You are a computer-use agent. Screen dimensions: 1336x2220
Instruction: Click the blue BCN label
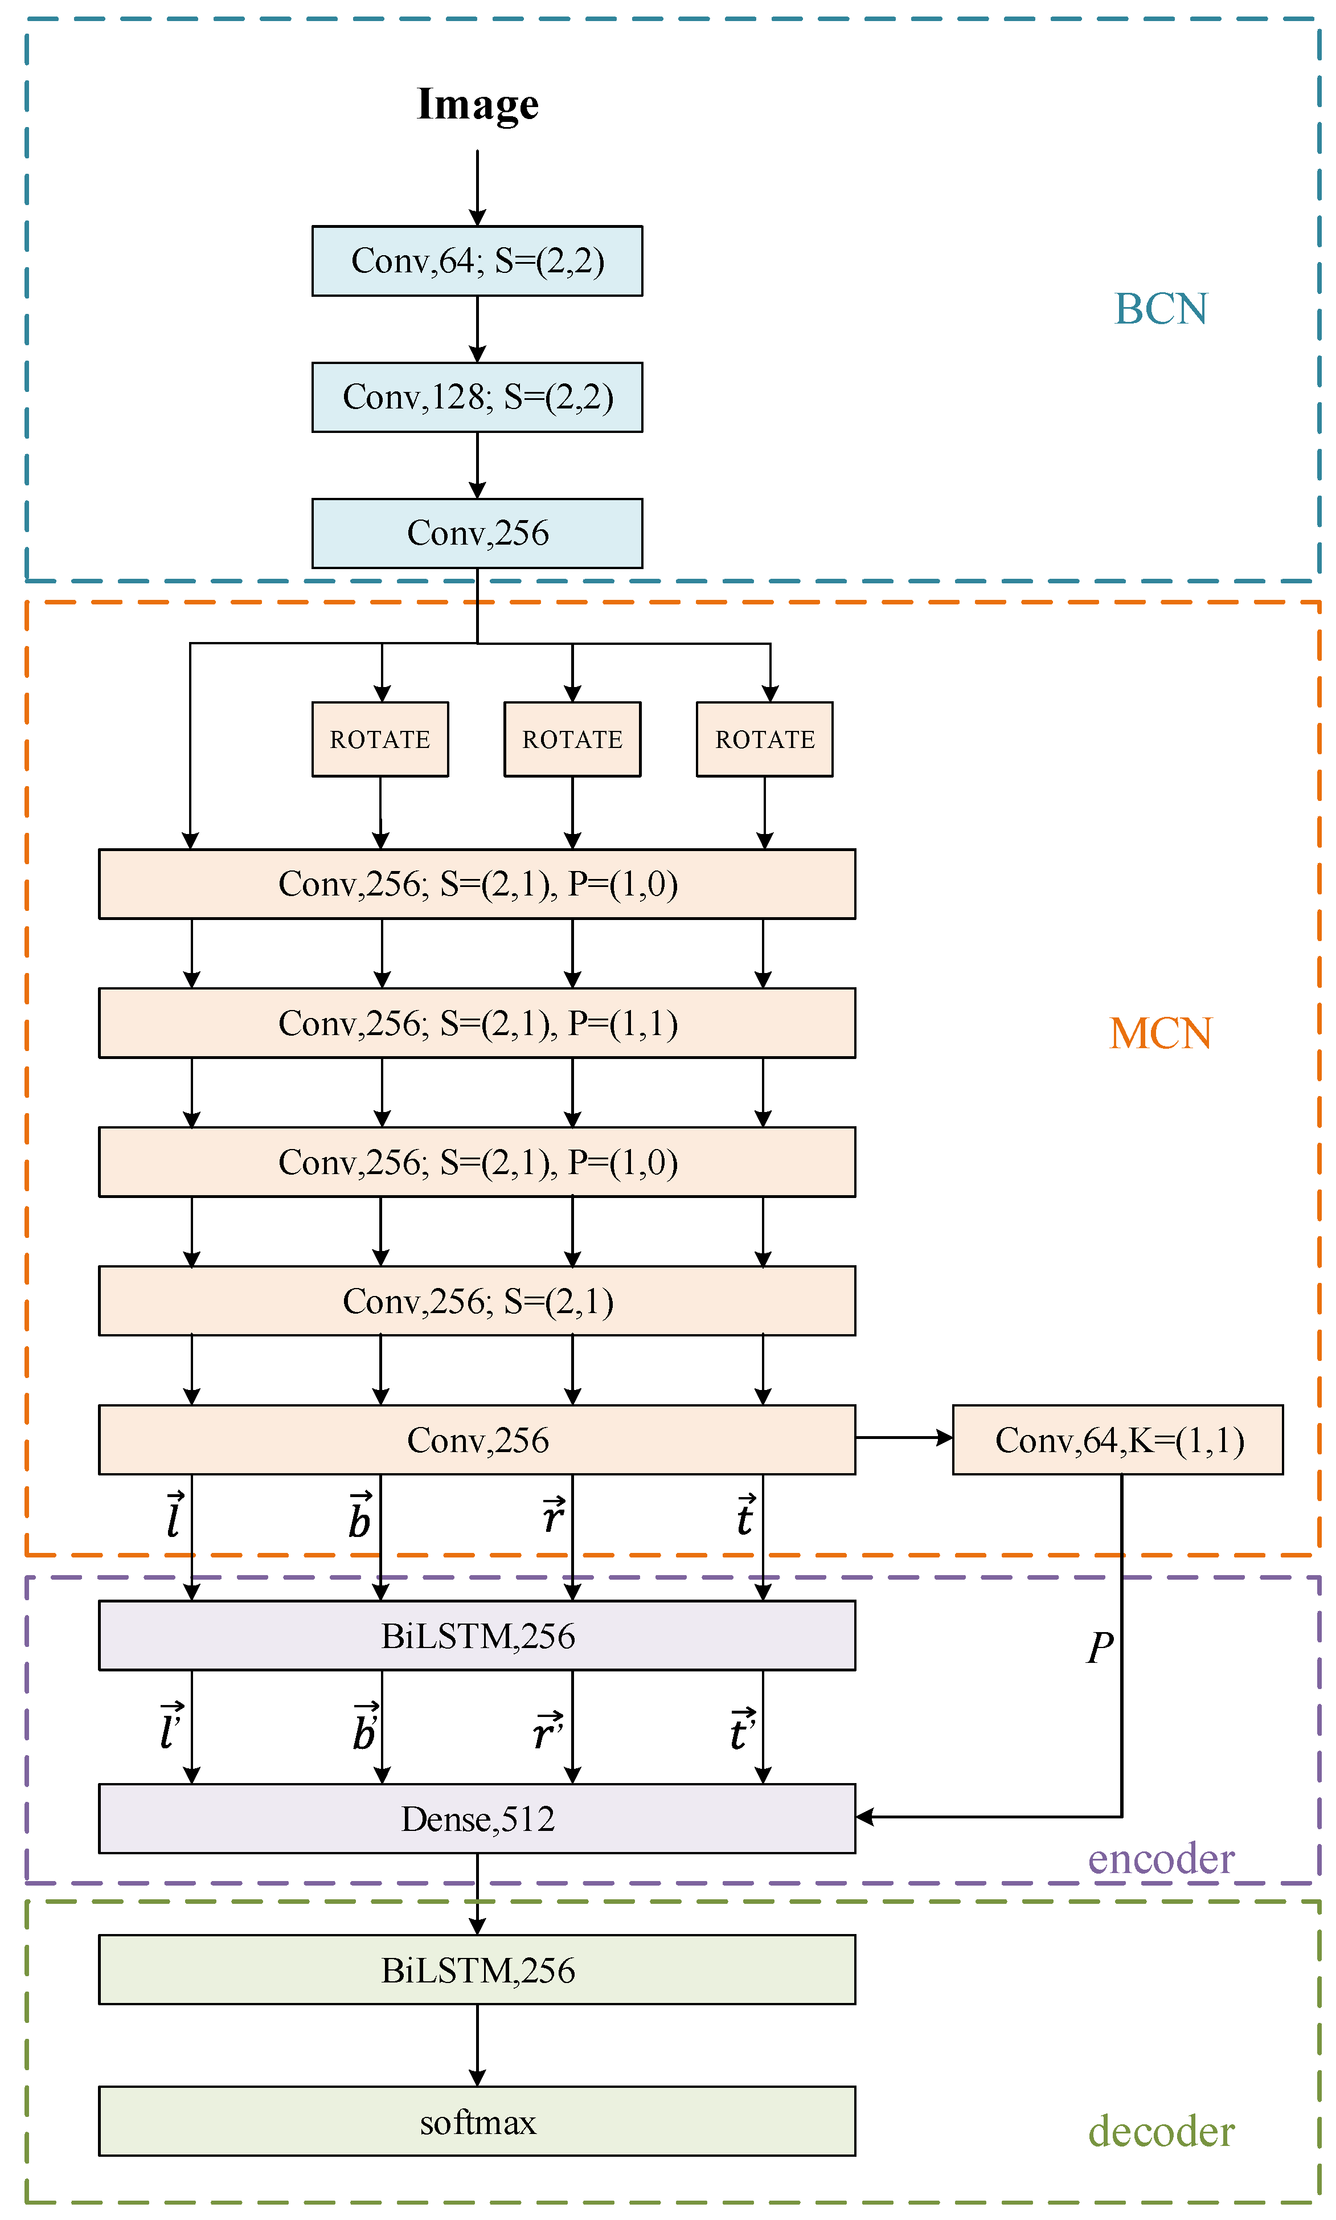(x=1161, y=309)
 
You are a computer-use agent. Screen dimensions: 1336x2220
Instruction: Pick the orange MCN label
(x=1161, y=1033)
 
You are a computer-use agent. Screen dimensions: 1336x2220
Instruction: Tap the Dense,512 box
(x=477, y=1818)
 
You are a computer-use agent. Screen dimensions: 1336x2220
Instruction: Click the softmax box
(x=477, y=2121)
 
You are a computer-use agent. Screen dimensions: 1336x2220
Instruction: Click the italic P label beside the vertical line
(x=1100, y=1647)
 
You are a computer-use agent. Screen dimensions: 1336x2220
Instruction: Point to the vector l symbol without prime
(x=174, y=1514)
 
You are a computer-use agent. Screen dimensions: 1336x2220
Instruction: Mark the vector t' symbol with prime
(x=743, y=1729)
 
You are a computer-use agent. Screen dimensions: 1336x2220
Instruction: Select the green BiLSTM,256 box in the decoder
(x=477, y=1970)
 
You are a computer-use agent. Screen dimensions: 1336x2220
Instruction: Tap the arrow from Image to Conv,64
(x=477, y=188)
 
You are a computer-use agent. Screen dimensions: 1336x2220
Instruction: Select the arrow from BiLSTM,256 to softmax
(x=477, y=2045)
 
